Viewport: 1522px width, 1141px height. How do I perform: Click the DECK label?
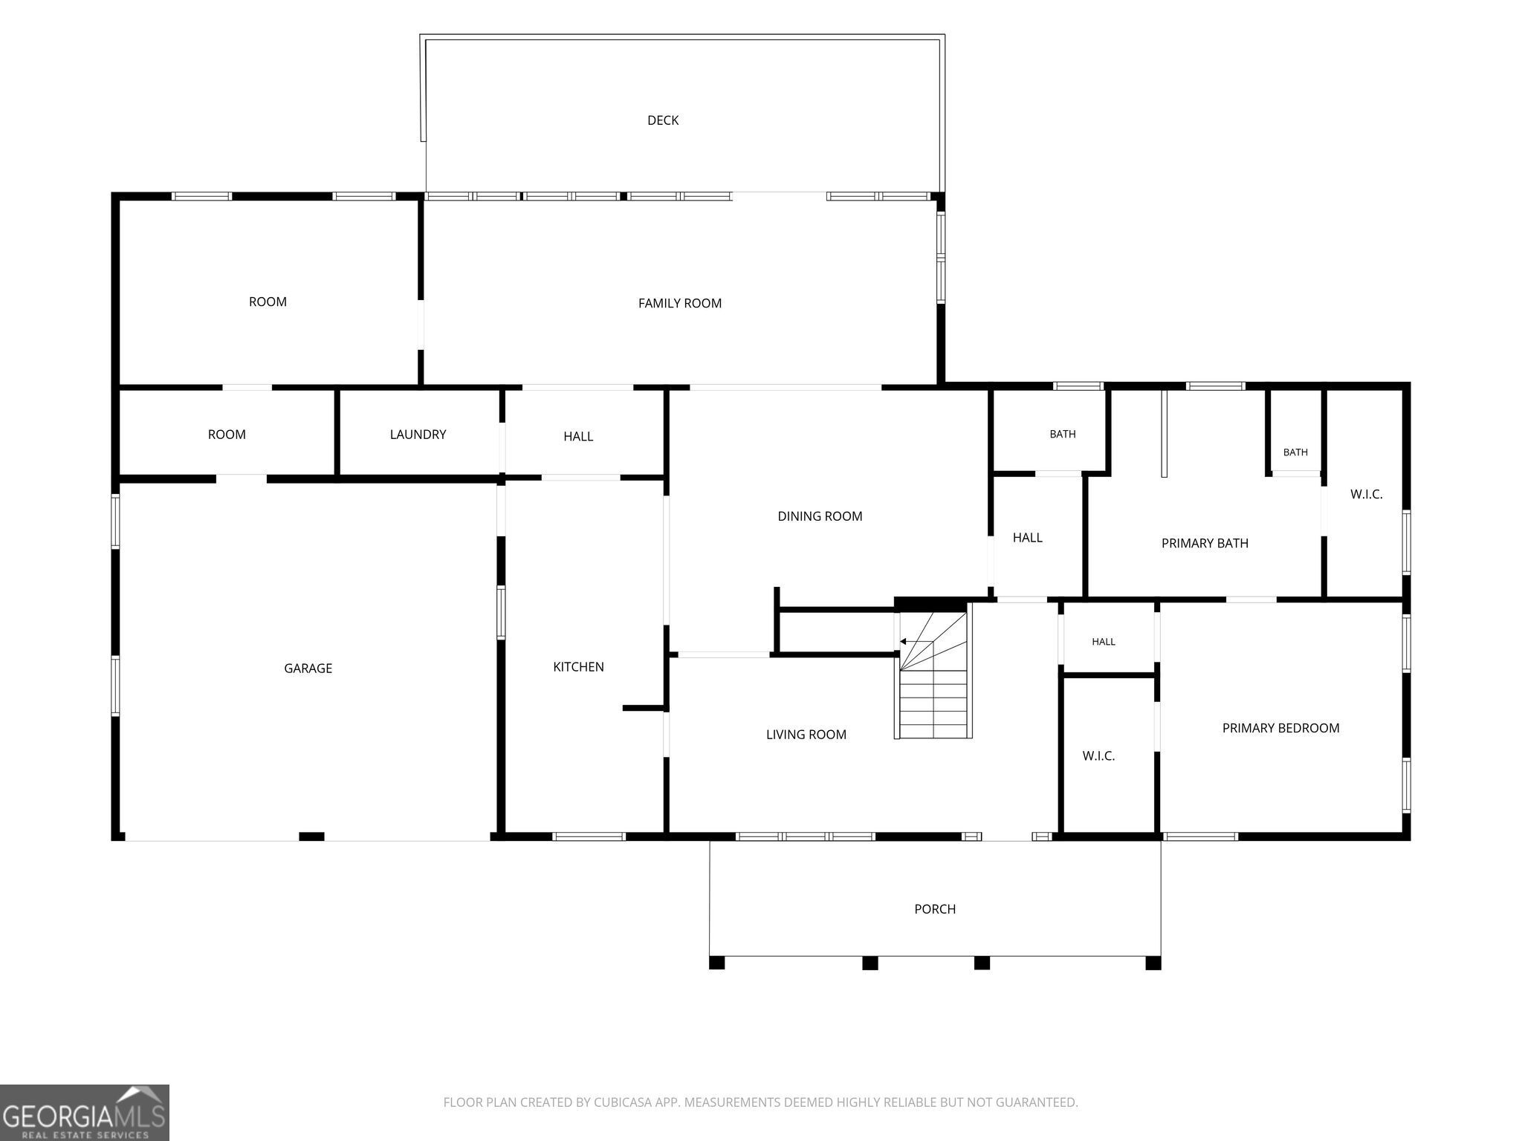(663, 120)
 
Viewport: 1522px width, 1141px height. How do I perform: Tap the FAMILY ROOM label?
(680, 303)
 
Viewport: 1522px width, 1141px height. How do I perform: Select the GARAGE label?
(308, 669)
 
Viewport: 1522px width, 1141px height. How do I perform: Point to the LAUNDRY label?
(418, 435)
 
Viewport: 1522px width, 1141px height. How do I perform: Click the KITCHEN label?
(578, 667)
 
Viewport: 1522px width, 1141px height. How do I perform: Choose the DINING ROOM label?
(820, 516)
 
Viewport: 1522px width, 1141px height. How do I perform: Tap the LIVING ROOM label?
(806, 735)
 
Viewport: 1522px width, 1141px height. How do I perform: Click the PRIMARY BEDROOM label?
(1280, 728)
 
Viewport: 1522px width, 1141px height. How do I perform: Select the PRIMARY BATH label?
(1205, 543)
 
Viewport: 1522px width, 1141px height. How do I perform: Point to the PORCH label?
(935, 909)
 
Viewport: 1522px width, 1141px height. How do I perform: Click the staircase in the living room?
(933, 672)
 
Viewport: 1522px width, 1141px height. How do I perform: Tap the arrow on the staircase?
(916, 641)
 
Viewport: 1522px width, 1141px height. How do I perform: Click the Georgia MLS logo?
(85, 1112)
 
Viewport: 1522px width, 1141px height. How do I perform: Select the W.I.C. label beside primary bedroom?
(1098, 756)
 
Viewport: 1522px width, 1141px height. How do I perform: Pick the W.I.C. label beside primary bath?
(1366, 495)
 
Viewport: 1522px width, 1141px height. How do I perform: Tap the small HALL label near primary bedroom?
(1104, 642)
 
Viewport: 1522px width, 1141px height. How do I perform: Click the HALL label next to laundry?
(578, 436)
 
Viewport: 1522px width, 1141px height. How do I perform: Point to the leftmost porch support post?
(716, 963)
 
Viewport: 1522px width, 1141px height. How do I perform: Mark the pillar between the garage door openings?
(311, 836)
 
